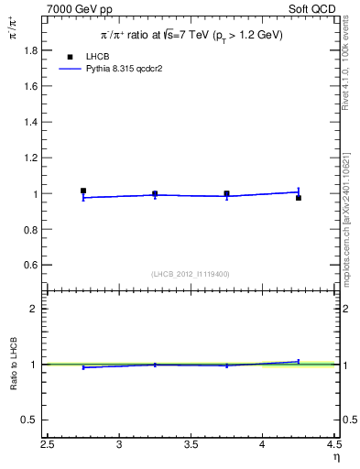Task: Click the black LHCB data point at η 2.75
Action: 83,191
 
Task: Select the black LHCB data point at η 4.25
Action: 299,198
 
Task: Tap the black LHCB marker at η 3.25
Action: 155,193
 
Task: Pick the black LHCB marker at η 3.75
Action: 226,193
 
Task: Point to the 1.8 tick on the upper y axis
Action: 34,51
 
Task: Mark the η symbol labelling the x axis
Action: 335,456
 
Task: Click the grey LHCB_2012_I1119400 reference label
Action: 191,274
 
